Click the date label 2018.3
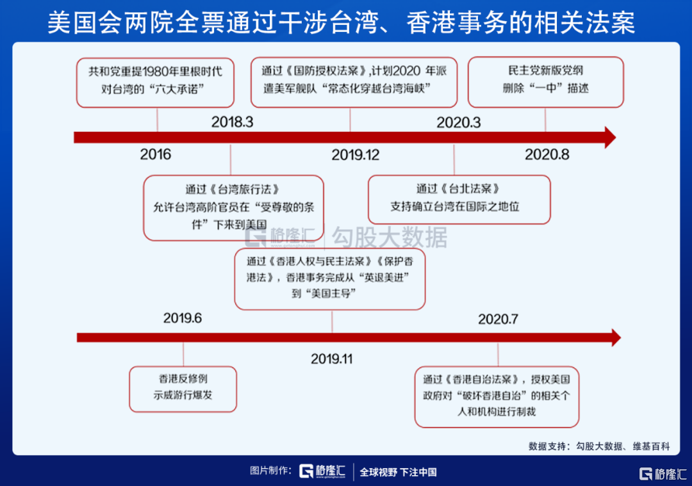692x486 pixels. click(232, 122)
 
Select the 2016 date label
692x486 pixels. click(155, 154)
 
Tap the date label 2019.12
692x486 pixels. click(355, 155)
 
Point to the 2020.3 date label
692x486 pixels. click(459, 122)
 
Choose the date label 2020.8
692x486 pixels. click(547, 154)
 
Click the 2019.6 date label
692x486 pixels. click(182, 318)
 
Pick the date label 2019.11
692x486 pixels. click(331, 359)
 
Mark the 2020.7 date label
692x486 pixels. click(498, 319)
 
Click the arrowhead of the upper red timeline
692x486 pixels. click(611, 138)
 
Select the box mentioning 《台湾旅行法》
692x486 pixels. click(233, 207)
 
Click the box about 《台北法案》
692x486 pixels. click(459, 199)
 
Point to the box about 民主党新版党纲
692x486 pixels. click(545, 82)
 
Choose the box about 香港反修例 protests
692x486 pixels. click(183, 389)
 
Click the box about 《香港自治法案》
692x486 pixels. click(497, 397)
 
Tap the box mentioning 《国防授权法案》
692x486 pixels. click(354, 82)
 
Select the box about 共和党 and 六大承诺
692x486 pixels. click(155, 83)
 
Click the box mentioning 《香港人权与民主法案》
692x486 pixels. click(330, 279)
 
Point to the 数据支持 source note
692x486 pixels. click(599, 446)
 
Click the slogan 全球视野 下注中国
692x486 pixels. click(398, 473)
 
